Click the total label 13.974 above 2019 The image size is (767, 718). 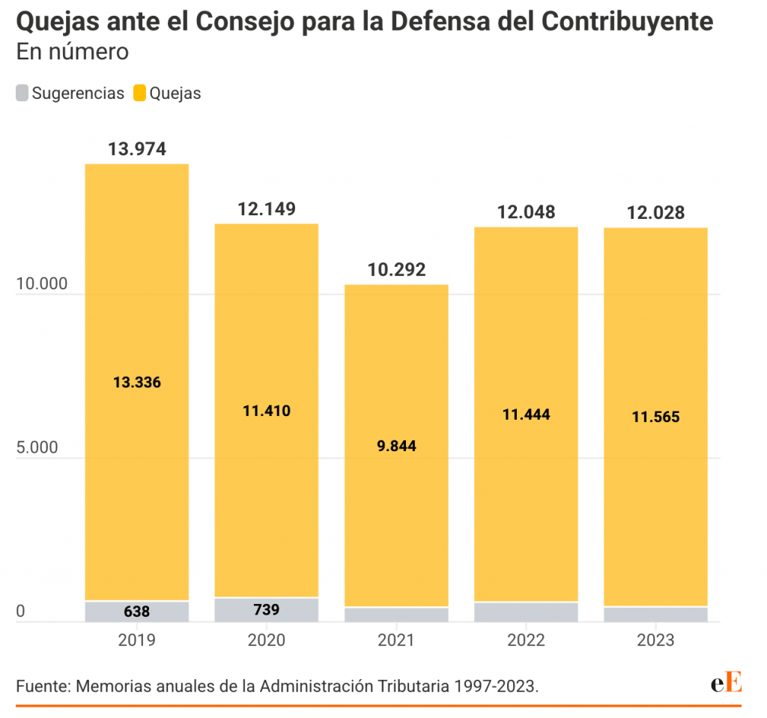(136, 149)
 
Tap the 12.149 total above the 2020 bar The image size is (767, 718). (267, 209)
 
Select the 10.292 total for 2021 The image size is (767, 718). (396, 270)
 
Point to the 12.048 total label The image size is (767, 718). (526, 212)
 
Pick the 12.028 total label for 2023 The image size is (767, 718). (655, 213)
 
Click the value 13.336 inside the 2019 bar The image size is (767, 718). (136, 382)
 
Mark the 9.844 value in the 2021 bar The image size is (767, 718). (396, 446)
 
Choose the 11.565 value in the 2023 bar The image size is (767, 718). (655, 417)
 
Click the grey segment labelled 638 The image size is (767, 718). (136, 612)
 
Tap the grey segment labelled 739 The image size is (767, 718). (267, 609)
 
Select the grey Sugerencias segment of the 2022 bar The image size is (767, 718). (526, 612)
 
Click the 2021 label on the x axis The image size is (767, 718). (396, 641)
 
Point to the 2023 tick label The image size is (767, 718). (655, 641)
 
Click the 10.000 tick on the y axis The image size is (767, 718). (41, 285)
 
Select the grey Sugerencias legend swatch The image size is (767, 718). (22, 94)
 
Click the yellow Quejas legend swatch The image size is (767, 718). (140, 94)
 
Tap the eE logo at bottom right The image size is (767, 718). (726, 684)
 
